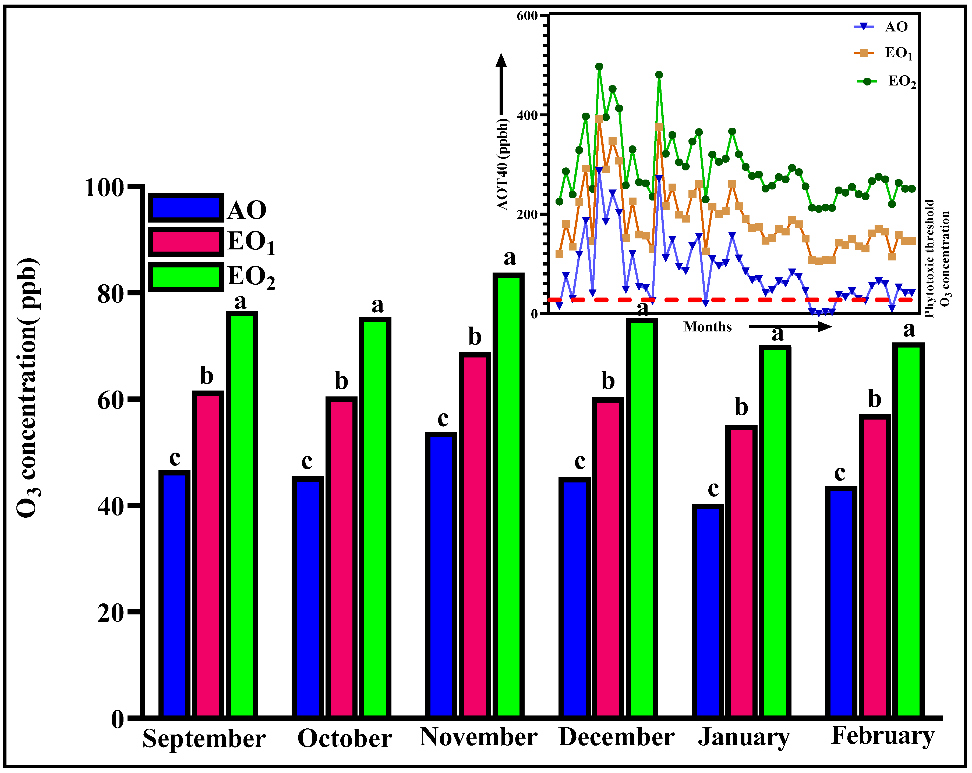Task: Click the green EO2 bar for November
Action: coord(508,496)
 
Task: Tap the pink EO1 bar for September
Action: coord(208,554)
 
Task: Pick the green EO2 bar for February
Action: coord(909,532)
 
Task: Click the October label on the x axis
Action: coord(344,739)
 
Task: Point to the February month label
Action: coord(882,736)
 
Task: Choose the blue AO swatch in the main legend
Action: coord(186,208)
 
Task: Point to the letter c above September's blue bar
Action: coord(175,459)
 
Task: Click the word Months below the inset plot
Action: coord(707,327)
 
